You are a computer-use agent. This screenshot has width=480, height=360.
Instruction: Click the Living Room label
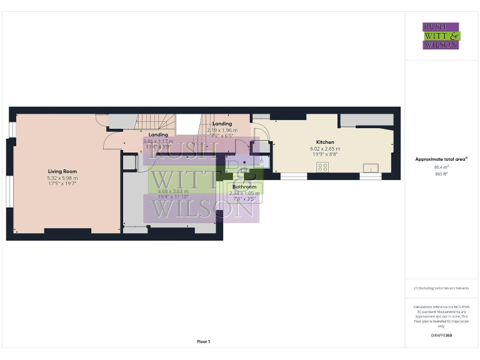[62, 171]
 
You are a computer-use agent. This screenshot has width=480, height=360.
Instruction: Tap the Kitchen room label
[325, 142]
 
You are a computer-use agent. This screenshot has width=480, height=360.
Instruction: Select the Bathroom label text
[244, 187]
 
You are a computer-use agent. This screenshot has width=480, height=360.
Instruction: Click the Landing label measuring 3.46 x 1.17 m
[158, 134]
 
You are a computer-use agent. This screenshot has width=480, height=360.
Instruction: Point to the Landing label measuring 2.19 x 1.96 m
[222, 124]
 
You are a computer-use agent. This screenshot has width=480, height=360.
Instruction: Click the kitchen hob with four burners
[324, 167]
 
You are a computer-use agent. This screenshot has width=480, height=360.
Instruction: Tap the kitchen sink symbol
[371, 167]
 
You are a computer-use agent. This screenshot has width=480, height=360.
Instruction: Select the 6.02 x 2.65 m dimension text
[325, 149]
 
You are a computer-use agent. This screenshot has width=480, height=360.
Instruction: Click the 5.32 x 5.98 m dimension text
[62, 178]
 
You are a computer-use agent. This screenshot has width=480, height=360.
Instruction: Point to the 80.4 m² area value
[441, 167]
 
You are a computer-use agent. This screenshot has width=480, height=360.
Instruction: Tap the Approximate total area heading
[441, 159]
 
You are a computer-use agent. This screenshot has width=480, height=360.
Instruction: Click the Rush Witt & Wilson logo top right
[441, 36]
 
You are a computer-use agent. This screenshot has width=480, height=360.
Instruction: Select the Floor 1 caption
[203, 342]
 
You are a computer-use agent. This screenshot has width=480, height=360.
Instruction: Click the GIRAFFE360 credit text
[441, 336]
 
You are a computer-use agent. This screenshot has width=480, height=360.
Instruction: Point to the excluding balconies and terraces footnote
[441, 288]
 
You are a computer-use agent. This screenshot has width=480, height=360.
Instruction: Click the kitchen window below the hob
[293, 177]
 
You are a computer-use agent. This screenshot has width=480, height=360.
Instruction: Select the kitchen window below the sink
[370, 177]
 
